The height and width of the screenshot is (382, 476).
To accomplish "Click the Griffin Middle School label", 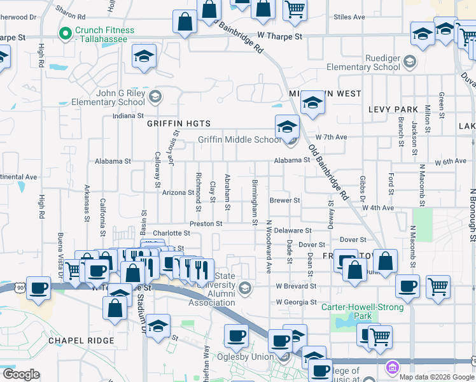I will click(x=239, y=140).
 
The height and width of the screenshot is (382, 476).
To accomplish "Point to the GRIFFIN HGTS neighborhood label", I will click(x=178, y=124).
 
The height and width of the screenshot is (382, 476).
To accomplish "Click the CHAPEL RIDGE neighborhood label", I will click(x=81, y=341).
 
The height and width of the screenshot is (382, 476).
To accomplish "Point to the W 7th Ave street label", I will click(x=332, y=137).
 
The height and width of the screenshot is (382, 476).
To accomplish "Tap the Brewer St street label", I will click(x=284, y=200).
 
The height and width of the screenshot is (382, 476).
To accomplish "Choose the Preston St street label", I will click(x=206, y=224).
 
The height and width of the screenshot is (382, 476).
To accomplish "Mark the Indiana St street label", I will click(x=127, y=116).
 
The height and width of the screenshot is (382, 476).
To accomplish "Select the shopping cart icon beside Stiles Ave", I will click(x=295, y=10).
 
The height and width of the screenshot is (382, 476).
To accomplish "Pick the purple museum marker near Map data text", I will click(x=391, y=367).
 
